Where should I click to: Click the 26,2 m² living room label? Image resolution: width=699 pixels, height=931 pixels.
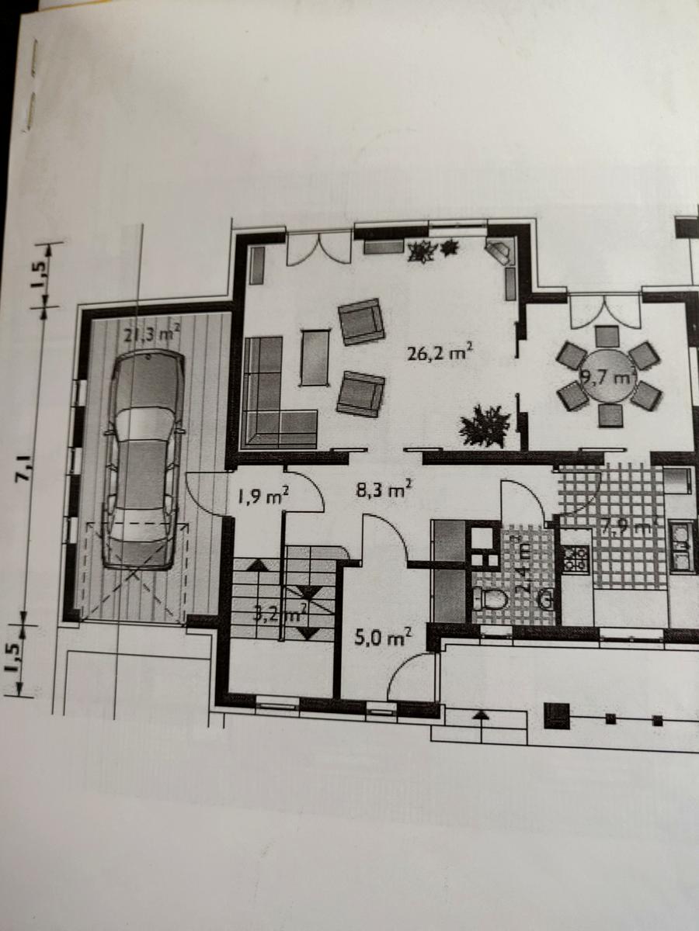(x=440, y=354)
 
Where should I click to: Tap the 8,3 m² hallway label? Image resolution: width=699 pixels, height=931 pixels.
(x=389, y=490)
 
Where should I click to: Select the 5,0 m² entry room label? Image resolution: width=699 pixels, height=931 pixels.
(x=383, y=639)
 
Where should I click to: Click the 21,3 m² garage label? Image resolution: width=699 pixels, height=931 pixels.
(x=152, y=334)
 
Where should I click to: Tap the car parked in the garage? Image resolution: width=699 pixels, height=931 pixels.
(x=144, y=458)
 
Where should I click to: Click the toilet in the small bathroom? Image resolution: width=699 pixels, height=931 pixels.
(x=490, y=600)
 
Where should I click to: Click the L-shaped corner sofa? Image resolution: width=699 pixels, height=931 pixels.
(x=272, y=403)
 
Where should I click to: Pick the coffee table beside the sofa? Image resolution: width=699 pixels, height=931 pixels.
(x=315, y=357)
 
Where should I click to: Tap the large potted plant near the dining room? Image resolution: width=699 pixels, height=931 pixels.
(x=485, y=425)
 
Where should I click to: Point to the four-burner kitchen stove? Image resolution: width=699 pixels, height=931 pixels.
(x=576, y=559)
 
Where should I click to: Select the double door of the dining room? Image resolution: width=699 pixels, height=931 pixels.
(x=604, y=310)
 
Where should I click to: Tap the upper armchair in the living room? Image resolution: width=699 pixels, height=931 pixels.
(x=362, y=321)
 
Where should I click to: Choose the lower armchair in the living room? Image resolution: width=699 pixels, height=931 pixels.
(x=361, y=393)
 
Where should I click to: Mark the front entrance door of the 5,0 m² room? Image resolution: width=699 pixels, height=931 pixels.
(x=410, y=677)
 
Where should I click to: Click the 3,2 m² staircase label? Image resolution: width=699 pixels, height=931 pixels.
(x=280, y=617)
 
